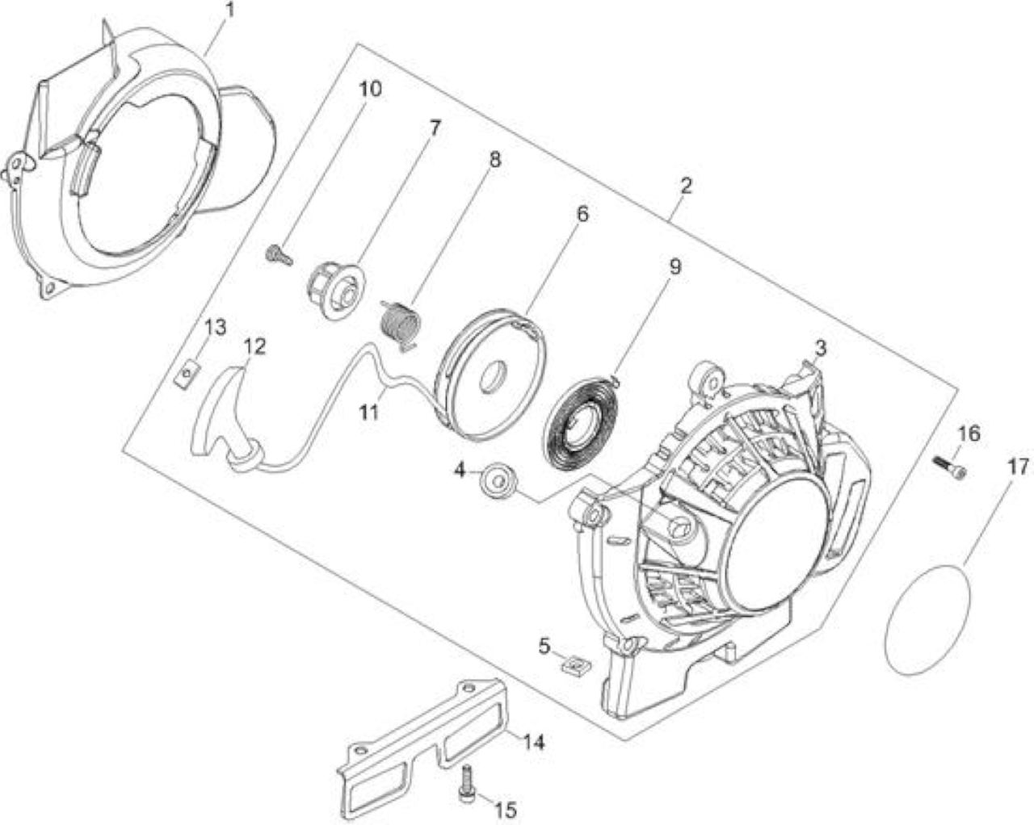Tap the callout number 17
point(1018,467)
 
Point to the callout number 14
point(533,743)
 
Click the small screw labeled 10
point(280,254)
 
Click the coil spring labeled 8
point(401,327)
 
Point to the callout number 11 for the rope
point(369,412)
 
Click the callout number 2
point(686,186)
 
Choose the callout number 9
point(675,267)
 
